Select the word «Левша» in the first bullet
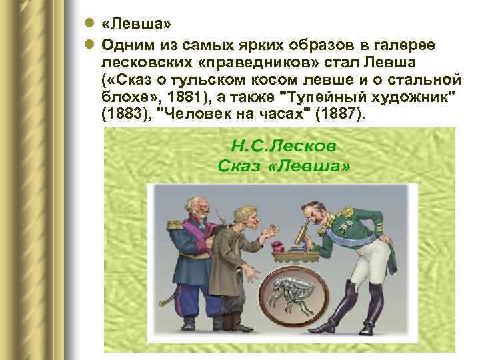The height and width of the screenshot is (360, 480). (137, 24)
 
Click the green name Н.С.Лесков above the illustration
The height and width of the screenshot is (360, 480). (283, 145)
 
